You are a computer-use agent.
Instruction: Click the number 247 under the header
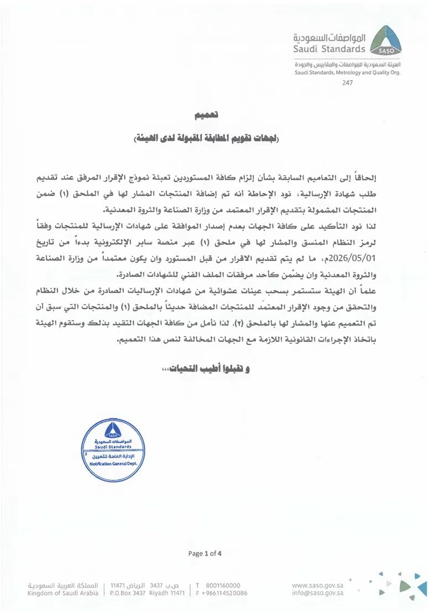point(347,83)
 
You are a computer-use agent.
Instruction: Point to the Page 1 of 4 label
point(205,553)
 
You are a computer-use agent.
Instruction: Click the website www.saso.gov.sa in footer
point(317,585)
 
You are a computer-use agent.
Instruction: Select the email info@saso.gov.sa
point(317,593)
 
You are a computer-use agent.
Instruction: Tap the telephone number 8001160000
point(222,585)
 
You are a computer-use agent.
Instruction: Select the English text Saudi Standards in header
point(330,49)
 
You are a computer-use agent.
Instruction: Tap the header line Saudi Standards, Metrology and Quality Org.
point(347,72)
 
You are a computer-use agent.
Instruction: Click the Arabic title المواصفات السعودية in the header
point(330,38)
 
